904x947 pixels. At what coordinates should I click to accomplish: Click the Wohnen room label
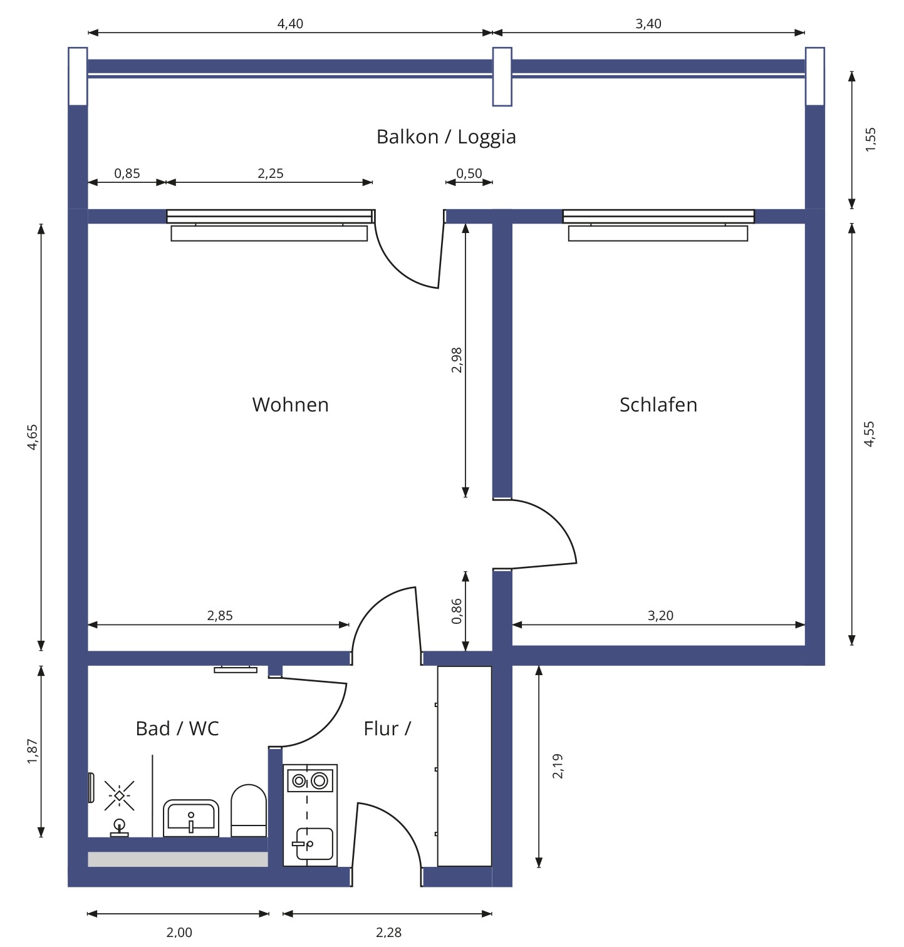290,405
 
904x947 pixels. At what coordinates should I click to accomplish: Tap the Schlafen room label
658,405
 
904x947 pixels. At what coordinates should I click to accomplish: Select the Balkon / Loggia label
446,137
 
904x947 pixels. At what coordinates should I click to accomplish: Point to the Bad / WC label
177,728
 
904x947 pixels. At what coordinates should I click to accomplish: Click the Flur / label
387,728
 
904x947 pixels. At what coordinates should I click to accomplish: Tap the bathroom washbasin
191,818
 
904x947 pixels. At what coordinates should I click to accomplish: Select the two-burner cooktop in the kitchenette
310,780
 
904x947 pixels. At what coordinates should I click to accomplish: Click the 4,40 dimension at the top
290,24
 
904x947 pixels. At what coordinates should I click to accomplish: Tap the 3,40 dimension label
648,24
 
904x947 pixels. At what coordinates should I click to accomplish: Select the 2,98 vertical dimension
456,360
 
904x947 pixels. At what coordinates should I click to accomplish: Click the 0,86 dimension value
456,611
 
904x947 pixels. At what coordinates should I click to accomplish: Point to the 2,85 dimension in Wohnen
220,616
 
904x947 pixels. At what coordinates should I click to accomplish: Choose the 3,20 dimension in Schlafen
660,616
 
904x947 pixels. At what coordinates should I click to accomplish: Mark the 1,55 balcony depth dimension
870,139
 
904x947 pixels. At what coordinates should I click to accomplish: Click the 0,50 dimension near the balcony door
469,173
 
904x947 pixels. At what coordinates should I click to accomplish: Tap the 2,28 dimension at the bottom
388,932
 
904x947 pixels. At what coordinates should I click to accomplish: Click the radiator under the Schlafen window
658,234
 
